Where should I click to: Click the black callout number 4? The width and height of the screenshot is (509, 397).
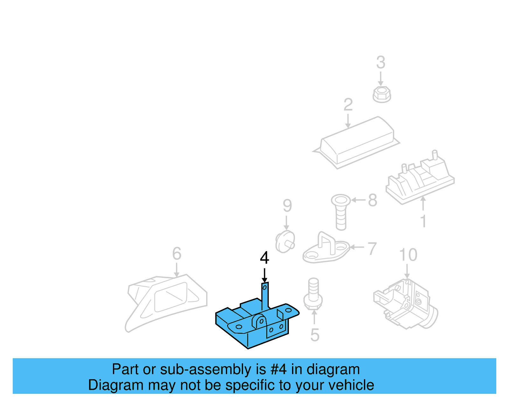point(264,258)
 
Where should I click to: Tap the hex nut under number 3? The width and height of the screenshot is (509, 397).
point(381,94)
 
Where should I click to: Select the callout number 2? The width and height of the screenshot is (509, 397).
point(348,105)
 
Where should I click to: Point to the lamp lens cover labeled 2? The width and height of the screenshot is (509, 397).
point(356,143)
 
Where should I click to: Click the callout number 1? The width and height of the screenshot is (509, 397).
point(423,221)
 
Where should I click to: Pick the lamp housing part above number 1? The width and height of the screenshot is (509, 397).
point(420,181)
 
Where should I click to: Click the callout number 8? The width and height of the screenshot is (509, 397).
point(373,200)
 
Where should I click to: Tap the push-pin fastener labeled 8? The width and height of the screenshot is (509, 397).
point(341,211)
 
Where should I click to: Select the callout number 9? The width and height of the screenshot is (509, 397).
point(287,206)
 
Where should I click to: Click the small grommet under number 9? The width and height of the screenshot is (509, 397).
point(285,242)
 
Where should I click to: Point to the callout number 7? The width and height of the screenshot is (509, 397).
point(372,249)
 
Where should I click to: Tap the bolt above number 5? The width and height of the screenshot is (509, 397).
point(313,294)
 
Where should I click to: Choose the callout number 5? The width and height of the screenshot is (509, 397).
point(315,335)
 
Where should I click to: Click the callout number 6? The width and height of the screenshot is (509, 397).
point(177,254)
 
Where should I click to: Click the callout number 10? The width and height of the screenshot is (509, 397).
point(408,255)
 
